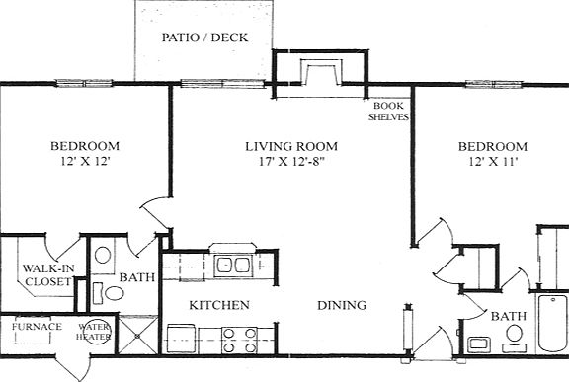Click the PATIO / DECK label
coord(204,38)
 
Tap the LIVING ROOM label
coord(291,146)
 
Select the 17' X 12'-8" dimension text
coord(291,161)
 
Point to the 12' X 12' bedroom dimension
coord(85,161)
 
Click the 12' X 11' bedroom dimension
coord(493,161)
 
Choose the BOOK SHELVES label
coord(388,112)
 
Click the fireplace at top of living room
coord(321,72)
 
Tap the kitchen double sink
coord(233,267)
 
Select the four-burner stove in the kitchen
coord(239,341)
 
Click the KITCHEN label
coord(219,305)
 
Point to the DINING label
coord(342,306)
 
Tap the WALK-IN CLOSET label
coord(47,275)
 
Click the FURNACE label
coord(37,327)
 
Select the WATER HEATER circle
coord(94,332)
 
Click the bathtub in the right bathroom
coord(552,324)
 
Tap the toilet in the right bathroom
coord(515,338)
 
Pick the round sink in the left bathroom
coord(103,255)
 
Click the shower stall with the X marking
coord(138,336)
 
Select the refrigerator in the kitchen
coord(182,340)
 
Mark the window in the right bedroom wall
coord(494,85)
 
